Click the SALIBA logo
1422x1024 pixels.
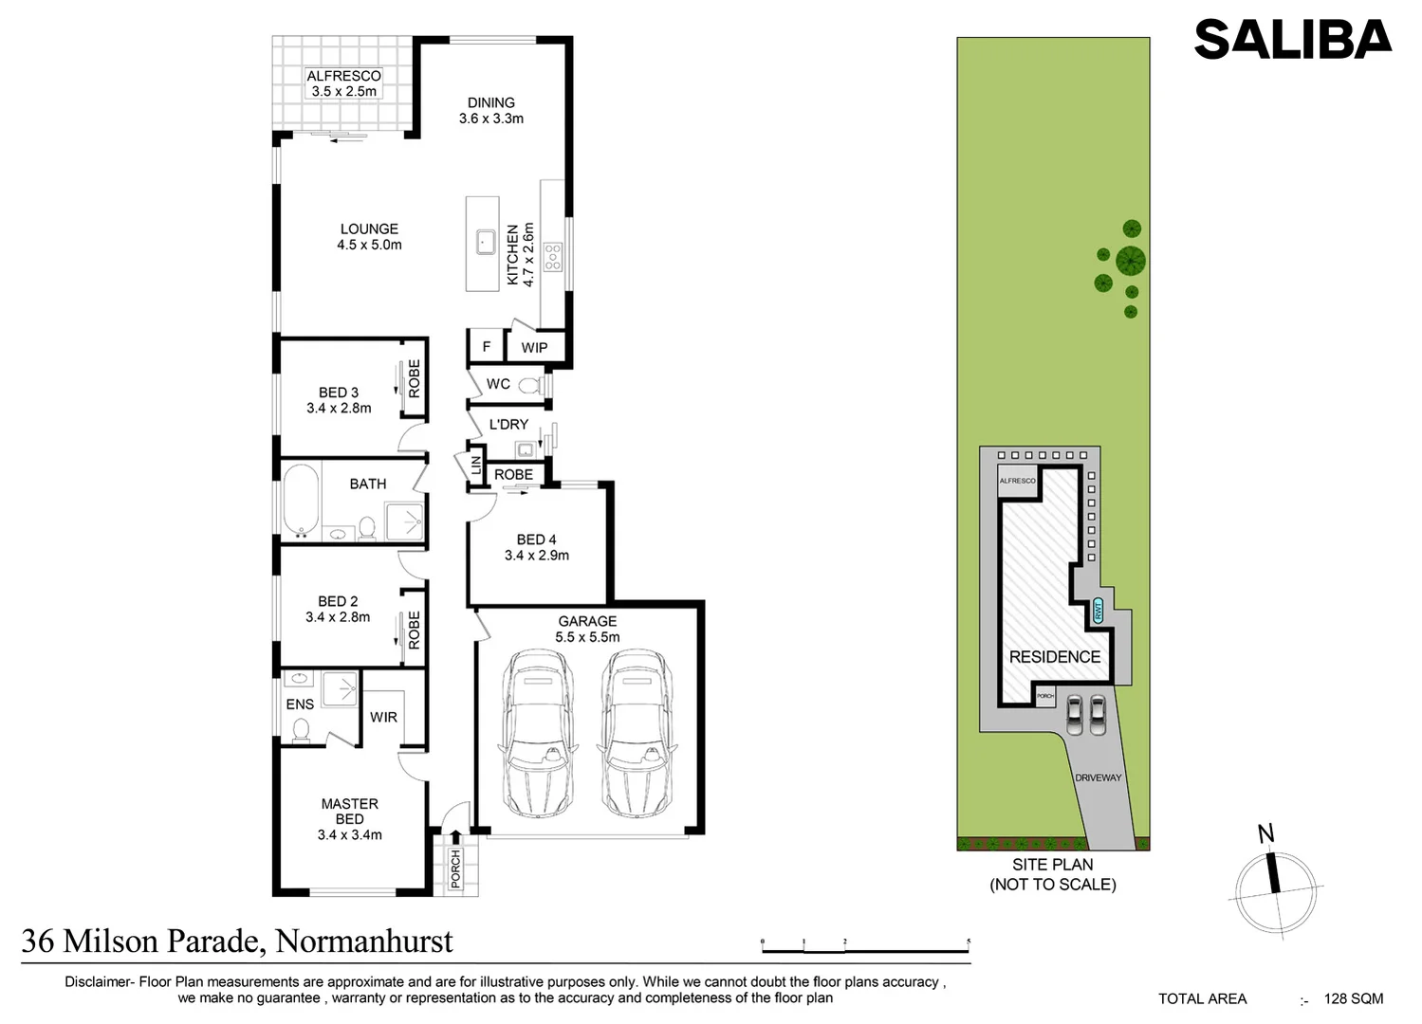point(1292,40)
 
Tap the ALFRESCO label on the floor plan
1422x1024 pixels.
point(343,76)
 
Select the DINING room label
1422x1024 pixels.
point(491,102)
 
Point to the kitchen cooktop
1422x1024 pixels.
point(552,256)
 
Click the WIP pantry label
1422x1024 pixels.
point(534,348)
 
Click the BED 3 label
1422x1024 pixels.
point(339,393)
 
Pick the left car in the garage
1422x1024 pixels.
point(537,732)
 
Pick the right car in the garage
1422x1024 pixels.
point(637,732)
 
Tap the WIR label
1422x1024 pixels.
point(383,717)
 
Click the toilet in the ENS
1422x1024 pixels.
point(301,729)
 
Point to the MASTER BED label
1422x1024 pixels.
point(349,812)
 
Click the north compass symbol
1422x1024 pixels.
point(1275,887)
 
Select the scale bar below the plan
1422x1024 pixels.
point(865,948)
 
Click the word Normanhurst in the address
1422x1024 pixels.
point(363,942)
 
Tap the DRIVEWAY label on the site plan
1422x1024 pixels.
point(1098,777)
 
